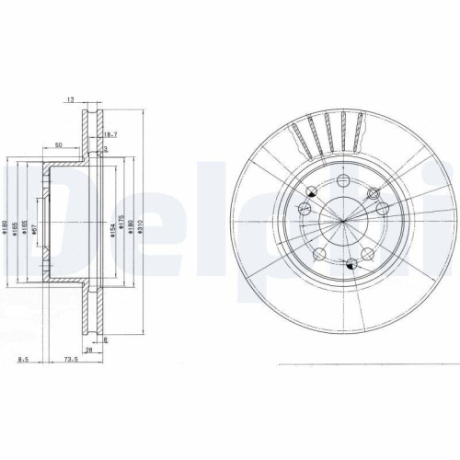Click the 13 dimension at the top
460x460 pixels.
point(70,98)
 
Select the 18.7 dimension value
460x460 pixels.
point(111,134)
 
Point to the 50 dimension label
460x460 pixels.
point(58,145)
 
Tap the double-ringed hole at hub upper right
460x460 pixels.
point(374,193)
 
